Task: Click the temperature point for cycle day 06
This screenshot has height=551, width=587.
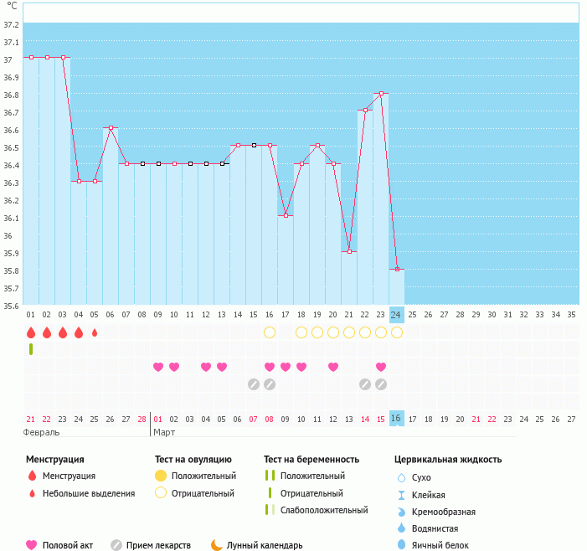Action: tap(111, 128)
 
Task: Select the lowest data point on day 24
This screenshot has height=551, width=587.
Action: tap(397, 269)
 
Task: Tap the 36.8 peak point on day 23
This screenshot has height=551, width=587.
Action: tap(381, 94)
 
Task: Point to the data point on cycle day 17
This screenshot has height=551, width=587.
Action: tap(286, 216)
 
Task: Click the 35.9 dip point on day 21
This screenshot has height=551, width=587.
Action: tap(349, 251)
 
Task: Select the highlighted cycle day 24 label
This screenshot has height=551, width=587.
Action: tap(397, 315)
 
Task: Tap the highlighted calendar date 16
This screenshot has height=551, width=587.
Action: tap(397, 418)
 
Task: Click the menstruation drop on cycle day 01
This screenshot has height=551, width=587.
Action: tap(31, 332)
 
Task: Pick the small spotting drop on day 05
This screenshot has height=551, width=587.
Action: tap(95, 332)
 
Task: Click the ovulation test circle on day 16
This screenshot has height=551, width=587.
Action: tap(270, 332)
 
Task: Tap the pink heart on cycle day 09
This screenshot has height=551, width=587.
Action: tap(158, 367)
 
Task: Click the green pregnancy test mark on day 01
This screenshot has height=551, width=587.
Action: tap(31, 349)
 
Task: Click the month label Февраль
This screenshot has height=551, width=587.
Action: tap(41, 432)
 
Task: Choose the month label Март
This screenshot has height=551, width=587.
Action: tap(164, 432)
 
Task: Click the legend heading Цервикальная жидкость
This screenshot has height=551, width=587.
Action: tap(448, 460)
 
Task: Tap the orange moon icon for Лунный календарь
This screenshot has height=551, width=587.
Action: tap(217, 545)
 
